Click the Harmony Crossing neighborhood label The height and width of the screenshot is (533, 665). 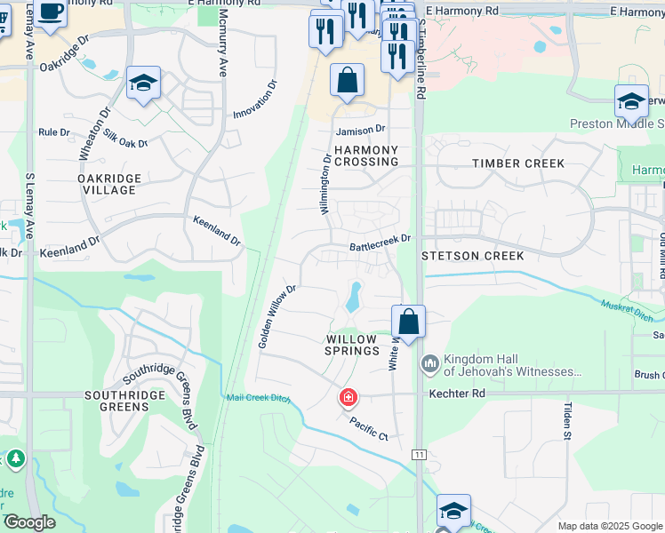[x=366, y=155]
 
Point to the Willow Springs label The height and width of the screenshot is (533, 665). [x=352, y=345]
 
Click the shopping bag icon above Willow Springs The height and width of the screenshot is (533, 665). [x=409, y=322]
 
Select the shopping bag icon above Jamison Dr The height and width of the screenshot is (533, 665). [x=347, y=81]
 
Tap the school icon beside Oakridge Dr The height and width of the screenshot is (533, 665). [x=143, y=84]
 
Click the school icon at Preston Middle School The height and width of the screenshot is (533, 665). [x=631, y=102]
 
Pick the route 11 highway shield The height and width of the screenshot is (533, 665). [x=418, y=455]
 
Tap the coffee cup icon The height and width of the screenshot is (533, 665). [x=52, y=12]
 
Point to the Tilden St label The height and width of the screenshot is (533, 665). [x=566, y=420]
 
